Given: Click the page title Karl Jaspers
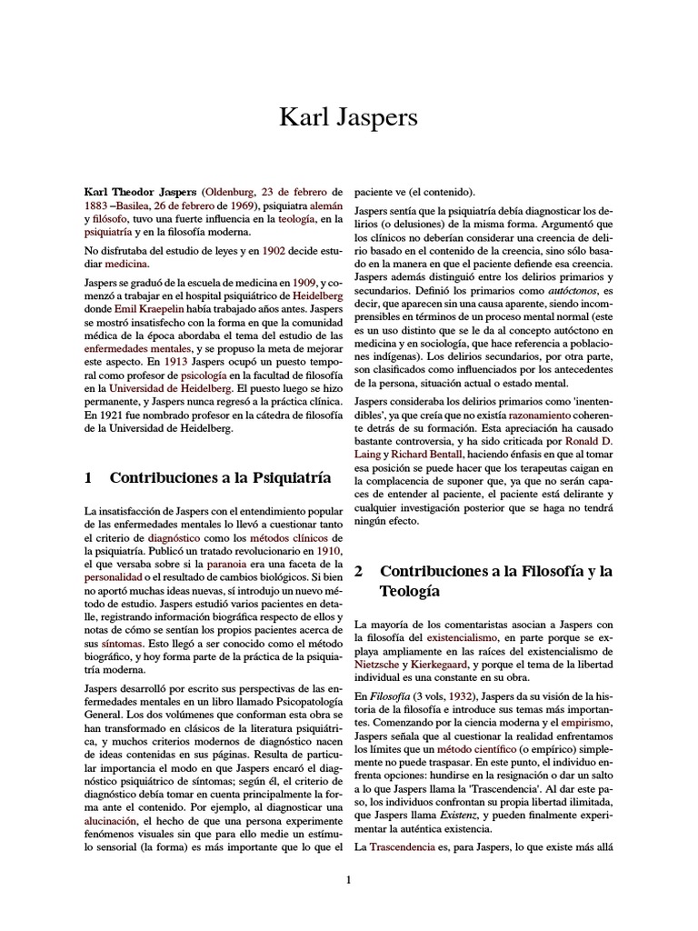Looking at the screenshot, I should coord(348,118).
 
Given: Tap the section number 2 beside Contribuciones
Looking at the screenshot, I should coord(359,572).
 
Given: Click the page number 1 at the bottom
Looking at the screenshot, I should coord(348,879).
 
